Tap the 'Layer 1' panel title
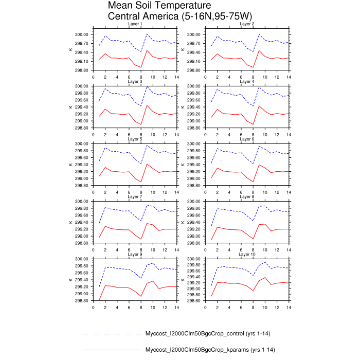pos(135,24)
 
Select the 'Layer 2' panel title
pos(247,24)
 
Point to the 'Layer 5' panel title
pos(135,139)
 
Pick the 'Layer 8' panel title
pos(247,196)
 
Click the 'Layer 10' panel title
pos(247,254)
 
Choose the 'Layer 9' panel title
pos(135,254)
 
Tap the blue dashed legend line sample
pos(111,334)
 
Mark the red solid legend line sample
pos(111,350)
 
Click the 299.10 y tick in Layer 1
pos(84,61)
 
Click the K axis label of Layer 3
pos(70,107)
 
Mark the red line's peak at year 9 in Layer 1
pos(147,50)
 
